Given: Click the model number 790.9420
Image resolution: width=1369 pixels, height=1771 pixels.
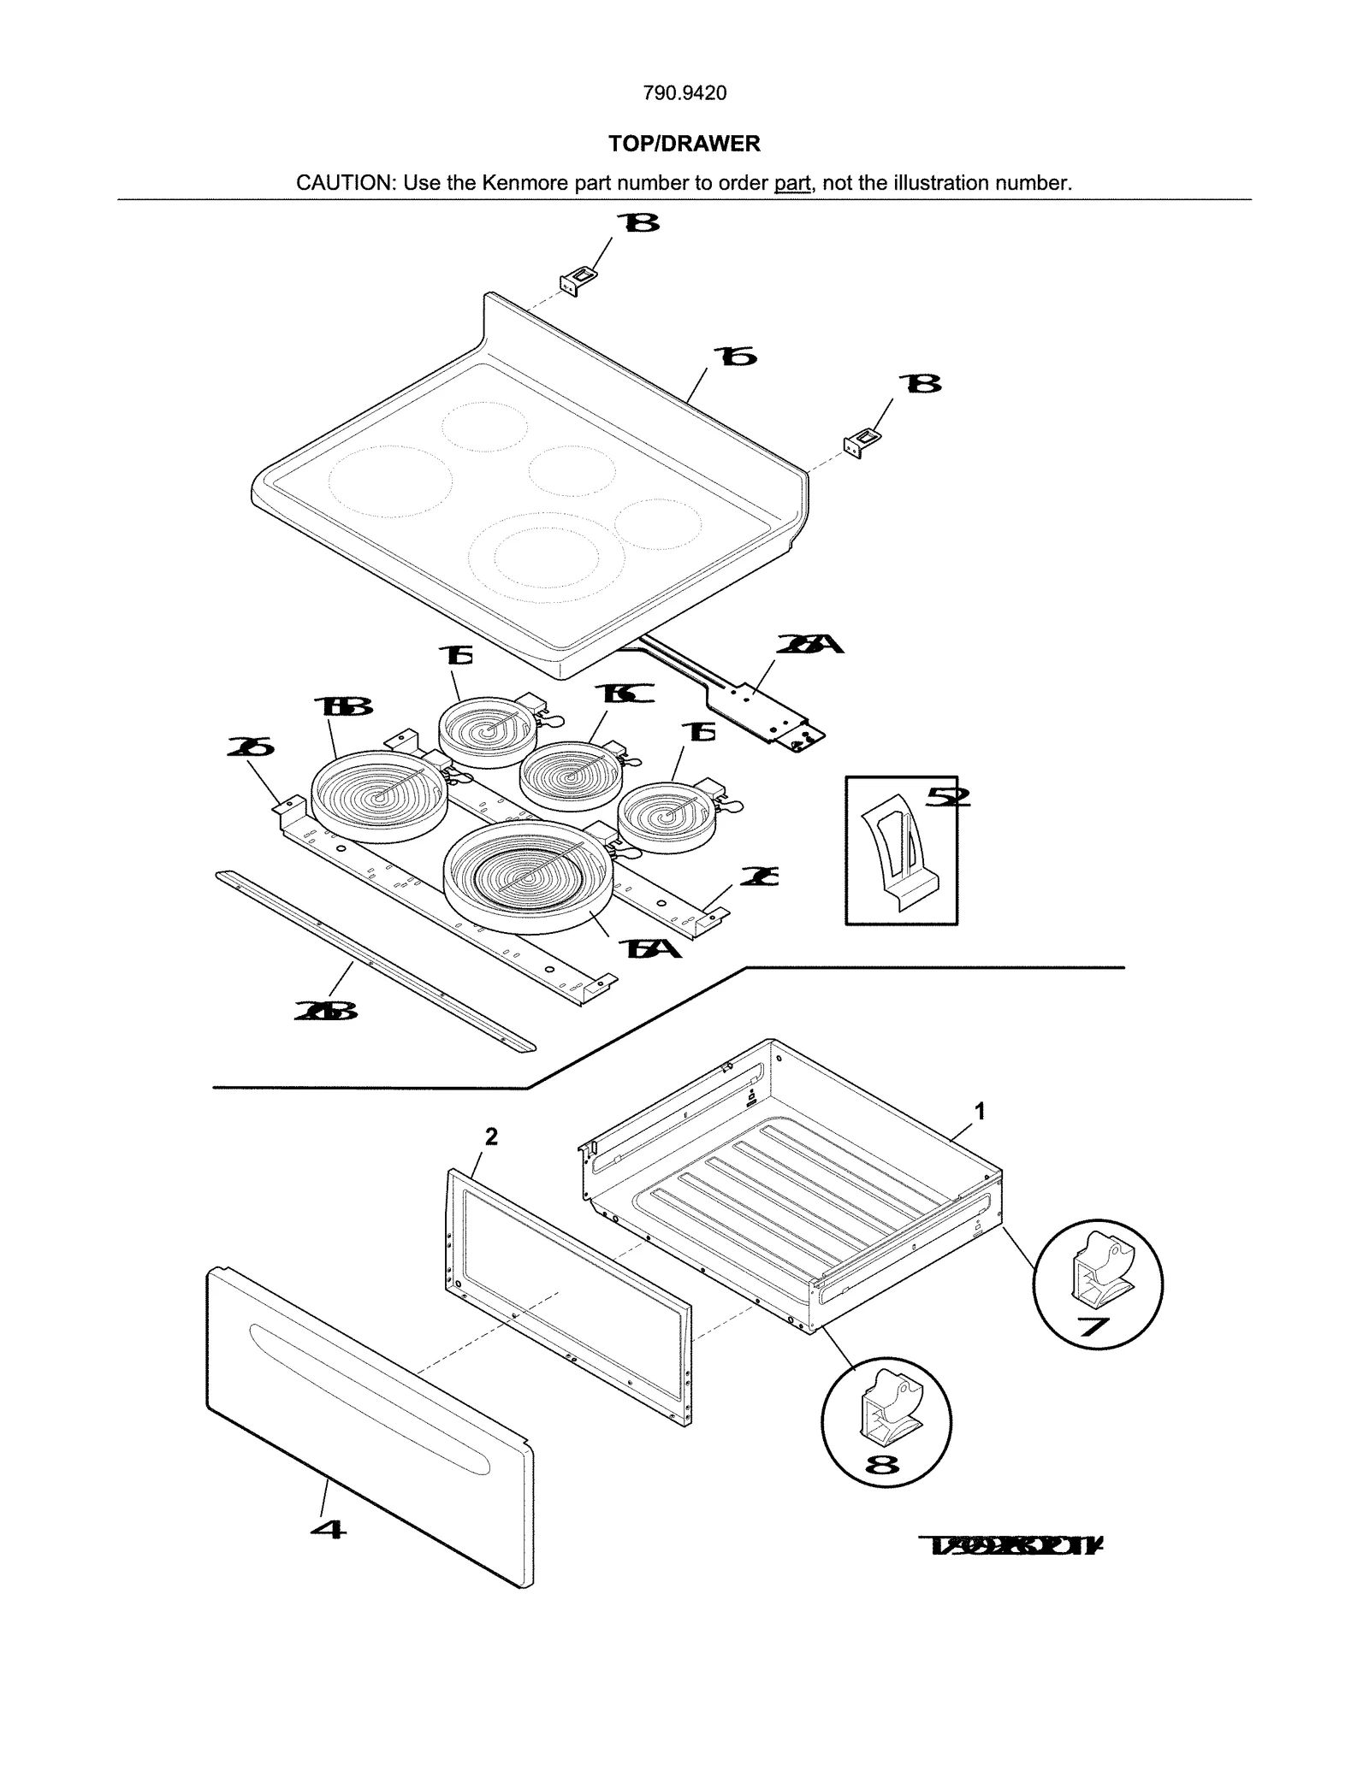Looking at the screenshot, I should point(684,93).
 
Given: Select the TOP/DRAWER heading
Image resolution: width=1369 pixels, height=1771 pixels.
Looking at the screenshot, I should point(684,144).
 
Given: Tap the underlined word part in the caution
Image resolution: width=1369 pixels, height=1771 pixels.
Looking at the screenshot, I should point(791,183).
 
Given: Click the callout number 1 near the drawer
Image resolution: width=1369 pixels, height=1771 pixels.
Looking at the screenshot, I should point(980,1111).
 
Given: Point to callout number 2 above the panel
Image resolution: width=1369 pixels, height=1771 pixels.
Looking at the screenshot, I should point(491,1136).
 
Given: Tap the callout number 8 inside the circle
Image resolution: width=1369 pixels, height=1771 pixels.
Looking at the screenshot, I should point(882,1465).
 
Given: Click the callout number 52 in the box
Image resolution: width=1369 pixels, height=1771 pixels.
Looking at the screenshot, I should point(948,797).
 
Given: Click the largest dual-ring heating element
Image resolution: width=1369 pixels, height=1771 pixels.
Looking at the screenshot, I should point(527,872).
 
